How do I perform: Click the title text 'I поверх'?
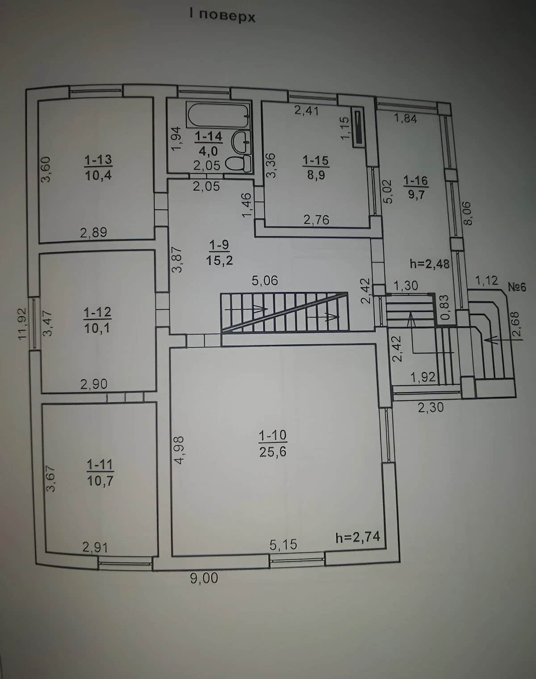222,16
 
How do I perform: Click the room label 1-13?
98,160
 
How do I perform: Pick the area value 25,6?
272,452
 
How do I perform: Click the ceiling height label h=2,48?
429,264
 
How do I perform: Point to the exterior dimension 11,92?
23,323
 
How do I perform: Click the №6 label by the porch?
517,287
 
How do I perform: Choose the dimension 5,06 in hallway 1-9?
265,281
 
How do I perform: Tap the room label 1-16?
416,180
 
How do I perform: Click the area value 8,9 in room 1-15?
316,175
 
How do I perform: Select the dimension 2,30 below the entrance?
431,407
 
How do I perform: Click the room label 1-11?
100,465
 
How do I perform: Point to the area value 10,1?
97,328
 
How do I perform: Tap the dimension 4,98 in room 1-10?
179,450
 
